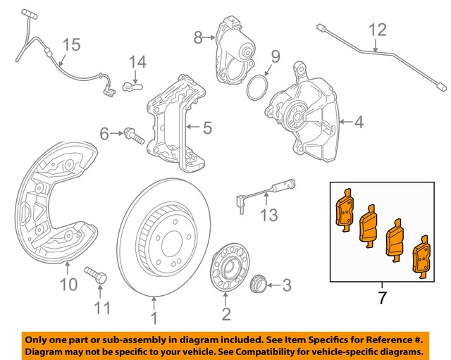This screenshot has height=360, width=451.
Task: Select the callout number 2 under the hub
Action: [225, 313]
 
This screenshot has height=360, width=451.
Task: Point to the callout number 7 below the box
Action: [382, 298]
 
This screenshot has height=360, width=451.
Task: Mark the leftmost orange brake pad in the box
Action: [345, 212]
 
